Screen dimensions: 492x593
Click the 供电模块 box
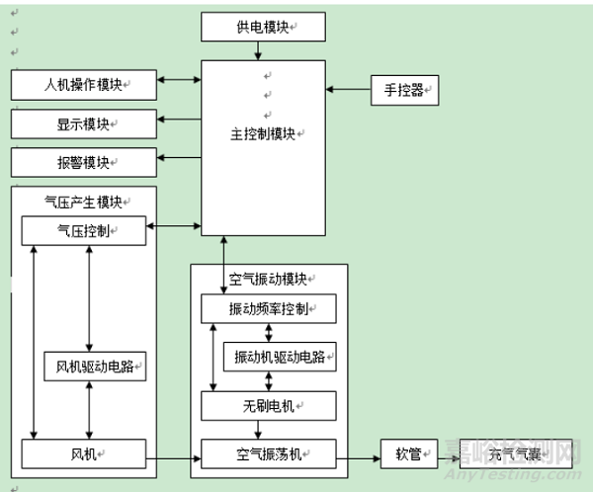pos(264,27)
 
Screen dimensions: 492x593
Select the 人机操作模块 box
pos(84,86)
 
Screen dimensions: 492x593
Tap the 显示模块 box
pos(84,124)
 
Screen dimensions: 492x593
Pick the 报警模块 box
pos(84,162)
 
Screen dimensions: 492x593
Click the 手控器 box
pos(403,90)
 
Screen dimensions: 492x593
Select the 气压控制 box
pos(84,231)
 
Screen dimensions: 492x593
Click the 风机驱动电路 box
pos(95,369)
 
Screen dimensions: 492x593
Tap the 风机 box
pos(84,453)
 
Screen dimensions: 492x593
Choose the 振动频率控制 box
pos(268,309)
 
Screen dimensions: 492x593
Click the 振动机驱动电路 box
pos(280,356)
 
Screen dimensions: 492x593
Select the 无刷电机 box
pos(268,404)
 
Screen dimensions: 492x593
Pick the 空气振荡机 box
pos(268,453)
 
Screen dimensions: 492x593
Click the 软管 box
pos(407,453)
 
